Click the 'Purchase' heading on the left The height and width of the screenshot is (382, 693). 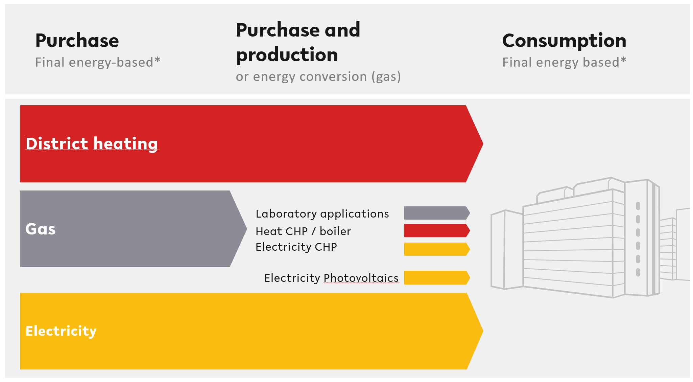click(x=77, y=41)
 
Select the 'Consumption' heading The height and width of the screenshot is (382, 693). click(x=564, y=41)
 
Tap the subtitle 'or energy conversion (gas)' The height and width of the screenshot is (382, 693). click(x=318, y=77)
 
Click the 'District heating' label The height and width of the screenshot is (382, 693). click(x=92, y=144)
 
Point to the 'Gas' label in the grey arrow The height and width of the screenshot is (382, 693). click(x=41, y=229)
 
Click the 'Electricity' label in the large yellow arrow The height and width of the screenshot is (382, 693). click(x=61, y=331)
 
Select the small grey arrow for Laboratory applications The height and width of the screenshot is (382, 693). click(x=437, y=213)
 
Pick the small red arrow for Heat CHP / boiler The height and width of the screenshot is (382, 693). click(x=437, y=230)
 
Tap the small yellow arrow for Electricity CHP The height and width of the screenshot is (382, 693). click(x=437, y=249)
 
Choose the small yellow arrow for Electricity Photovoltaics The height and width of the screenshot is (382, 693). click(x=437, y=277)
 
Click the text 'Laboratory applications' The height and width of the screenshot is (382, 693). click(x=322, y=214)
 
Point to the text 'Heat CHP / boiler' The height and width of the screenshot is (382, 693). click(x=303, y=231)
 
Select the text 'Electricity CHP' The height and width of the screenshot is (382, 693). click(x=296, y=247)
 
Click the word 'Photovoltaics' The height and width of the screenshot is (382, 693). click(x=361, y=278)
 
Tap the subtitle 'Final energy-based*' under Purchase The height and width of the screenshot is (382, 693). click(x=98, y=63)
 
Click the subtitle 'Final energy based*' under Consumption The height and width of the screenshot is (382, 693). click(x=564, y=63)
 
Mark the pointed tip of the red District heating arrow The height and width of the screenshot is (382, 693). click(x=483, y=144)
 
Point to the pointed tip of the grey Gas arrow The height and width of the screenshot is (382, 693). click(x=247, y=229)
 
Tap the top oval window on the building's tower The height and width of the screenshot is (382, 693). click(x=638, y=206)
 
